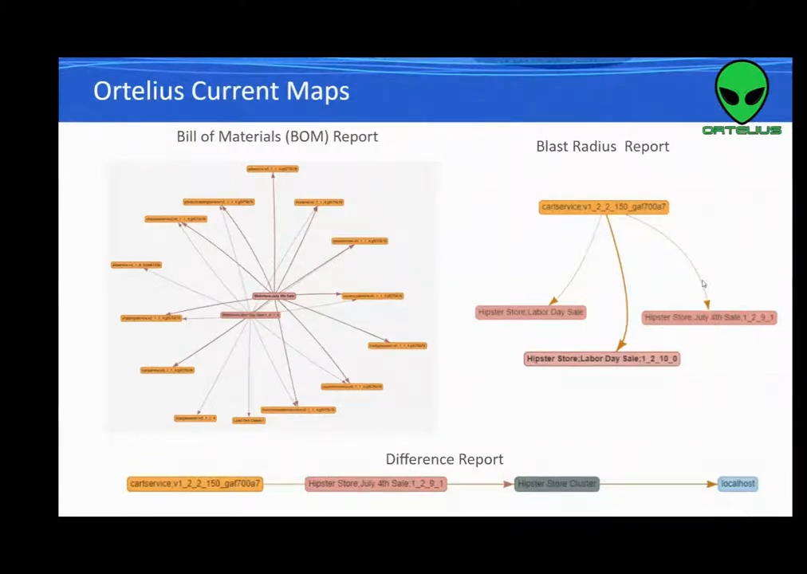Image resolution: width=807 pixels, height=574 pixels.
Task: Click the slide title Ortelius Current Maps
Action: coord(221,91)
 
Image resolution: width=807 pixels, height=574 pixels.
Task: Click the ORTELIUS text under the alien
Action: coord(742,130)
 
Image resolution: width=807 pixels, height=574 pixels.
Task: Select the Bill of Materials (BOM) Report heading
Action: coord(277,136)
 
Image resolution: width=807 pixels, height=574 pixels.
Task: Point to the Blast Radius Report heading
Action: coord(602,147)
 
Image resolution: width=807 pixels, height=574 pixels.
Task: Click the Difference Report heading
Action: coord(444,459)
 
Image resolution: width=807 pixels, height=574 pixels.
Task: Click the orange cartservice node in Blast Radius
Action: coord(603,207)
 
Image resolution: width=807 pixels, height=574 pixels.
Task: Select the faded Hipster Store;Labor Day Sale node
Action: coord(530,313)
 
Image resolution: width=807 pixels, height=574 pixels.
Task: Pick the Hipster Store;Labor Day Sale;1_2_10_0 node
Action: coord(601,359)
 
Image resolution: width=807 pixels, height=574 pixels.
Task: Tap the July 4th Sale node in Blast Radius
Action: coord(708,317)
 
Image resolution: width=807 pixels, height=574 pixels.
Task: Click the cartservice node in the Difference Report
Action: coord(195,484)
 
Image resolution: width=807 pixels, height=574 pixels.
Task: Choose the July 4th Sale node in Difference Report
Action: coord(376,484)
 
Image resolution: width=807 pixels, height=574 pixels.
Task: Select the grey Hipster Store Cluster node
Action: coord(557,484)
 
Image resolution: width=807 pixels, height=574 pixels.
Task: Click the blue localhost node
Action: coord(737,484)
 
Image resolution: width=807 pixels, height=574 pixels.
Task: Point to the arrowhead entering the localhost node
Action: coord(711,484)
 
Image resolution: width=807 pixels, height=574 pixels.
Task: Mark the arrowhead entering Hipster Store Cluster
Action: coord(508,484)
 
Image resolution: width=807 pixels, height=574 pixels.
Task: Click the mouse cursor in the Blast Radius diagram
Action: coord(703,285)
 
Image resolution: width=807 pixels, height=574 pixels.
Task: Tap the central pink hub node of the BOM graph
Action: coord(274,297)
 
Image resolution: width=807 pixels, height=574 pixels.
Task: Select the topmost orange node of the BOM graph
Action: coord(272,169)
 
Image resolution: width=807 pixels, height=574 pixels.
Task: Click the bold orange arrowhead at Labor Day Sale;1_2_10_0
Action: coord(620,345)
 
